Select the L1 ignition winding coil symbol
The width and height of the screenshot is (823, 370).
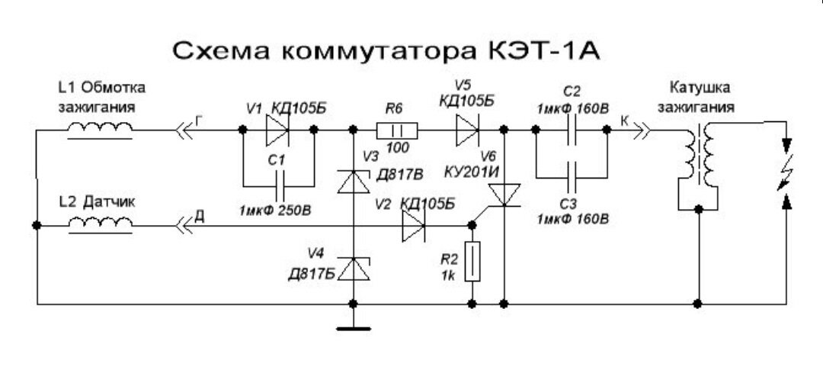point(99,130)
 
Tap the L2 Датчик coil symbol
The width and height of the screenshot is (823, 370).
point(99,225)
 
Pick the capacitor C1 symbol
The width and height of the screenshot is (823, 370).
point(277,185)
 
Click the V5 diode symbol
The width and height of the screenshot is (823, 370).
point(467,130)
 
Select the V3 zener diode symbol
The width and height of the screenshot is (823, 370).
point(353,181)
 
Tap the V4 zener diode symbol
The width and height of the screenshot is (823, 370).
point(353,269)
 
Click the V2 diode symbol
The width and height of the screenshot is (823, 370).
point(415,225)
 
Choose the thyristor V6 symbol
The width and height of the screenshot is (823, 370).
point(503,196)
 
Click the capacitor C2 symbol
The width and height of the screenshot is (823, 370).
point(572,130)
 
